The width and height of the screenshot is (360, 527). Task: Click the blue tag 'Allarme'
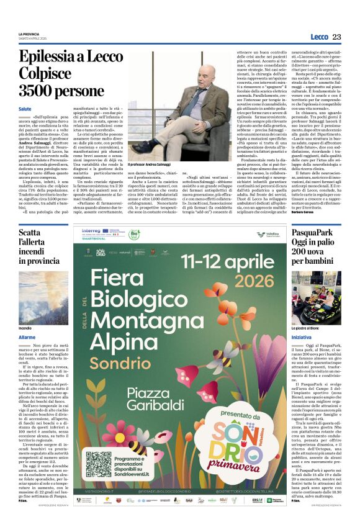coord(27,337)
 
